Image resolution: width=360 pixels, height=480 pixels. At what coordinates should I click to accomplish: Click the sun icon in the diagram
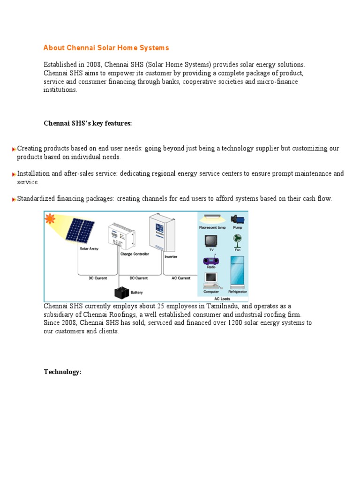point(49,218)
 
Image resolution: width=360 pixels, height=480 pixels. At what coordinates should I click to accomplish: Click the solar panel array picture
point(79,229)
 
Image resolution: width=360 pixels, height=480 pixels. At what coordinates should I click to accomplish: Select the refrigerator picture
point(237,272)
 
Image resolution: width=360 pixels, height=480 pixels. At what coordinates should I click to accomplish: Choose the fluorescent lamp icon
point(212,218)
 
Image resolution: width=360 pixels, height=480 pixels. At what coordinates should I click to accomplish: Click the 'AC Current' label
point(181,278)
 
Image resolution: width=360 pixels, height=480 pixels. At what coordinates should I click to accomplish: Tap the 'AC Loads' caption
point(222,299)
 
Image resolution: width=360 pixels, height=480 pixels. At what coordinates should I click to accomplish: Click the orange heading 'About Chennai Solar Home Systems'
point(106,48)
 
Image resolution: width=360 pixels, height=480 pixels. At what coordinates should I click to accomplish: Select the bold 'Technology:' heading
point(62,372)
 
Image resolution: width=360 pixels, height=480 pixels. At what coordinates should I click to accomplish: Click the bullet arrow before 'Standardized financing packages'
point(15,199)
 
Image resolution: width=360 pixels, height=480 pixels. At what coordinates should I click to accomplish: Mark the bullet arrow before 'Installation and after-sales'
point(15,174)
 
